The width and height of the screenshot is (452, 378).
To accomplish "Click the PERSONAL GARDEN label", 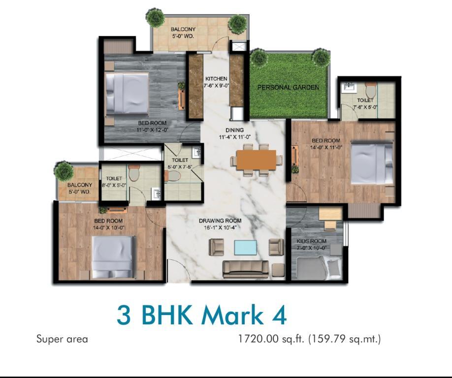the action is [288, 87].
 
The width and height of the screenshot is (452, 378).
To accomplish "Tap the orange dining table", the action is [256, 159].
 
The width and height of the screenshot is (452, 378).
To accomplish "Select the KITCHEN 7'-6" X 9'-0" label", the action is [216, 82].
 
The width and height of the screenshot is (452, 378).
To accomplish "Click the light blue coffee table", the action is [245, 248].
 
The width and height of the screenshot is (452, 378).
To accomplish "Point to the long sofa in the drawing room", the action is [246, 269].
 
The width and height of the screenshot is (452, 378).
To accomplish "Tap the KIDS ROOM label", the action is [312, 241].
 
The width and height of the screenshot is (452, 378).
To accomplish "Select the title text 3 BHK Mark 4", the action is [201, 315].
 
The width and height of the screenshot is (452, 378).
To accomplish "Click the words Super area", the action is [62, 339].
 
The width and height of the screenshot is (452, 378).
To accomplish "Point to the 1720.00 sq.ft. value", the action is [271, 339].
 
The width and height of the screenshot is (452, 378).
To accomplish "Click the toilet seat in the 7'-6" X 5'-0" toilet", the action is [370, 90].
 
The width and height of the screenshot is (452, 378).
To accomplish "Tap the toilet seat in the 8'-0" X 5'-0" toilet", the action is [134, 172].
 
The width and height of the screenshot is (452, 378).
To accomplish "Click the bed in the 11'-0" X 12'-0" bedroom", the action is [127, 94].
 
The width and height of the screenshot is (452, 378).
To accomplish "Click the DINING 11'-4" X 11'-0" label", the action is [234, 133].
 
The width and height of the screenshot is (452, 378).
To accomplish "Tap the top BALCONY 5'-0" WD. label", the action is [183, 32].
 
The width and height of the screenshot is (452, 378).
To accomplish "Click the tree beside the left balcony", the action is [64, 171].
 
